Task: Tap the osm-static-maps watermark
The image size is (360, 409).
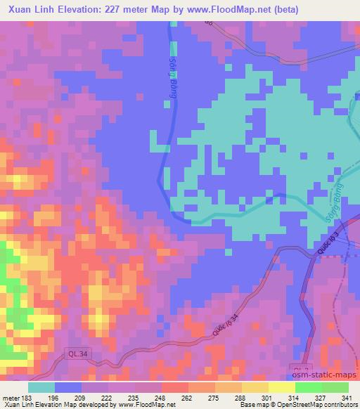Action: point(324,377)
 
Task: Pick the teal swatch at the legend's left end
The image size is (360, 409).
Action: point(41,387)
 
